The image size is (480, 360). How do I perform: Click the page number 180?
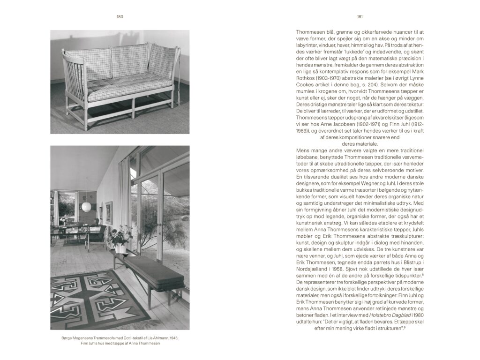120,17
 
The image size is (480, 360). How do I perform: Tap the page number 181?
360,17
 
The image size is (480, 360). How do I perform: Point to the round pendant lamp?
86,207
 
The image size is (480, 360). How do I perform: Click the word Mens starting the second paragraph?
302,150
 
